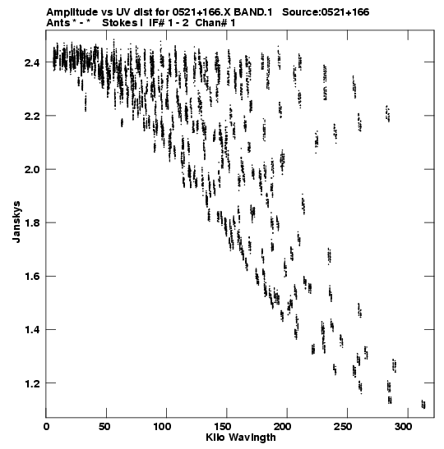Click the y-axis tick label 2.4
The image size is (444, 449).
tap(32, 62)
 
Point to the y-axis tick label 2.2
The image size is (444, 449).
tap(32, 116)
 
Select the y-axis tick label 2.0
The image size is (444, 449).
tap(32, 169)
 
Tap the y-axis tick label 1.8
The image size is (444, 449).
tap(32, 222)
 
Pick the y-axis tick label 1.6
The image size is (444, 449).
tap(32, 277)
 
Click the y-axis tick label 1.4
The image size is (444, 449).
tap(32, 330)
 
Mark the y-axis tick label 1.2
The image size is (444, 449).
tap(32, 383)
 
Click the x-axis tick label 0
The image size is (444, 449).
tap(46, 427)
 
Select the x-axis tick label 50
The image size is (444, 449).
tap(104, 427)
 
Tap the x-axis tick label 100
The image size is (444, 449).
tap(163, 427)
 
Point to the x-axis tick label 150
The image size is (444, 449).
tap(223, 427)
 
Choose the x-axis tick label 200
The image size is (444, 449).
tap(284, 427)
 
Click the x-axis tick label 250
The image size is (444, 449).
tap(345, 427)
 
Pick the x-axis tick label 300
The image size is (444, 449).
tap(405, 427)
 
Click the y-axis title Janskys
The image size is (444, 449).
tap(16, 222)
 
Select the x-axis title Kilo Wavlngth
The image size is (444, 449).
tap(241, 438)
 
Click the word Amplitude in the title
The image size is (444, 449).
tap(72, 12)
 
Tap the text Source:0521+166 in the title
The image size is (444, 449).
tap(326, 12)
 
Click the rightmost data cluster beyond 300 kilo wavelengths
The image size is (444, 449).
tap(423, 405)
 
